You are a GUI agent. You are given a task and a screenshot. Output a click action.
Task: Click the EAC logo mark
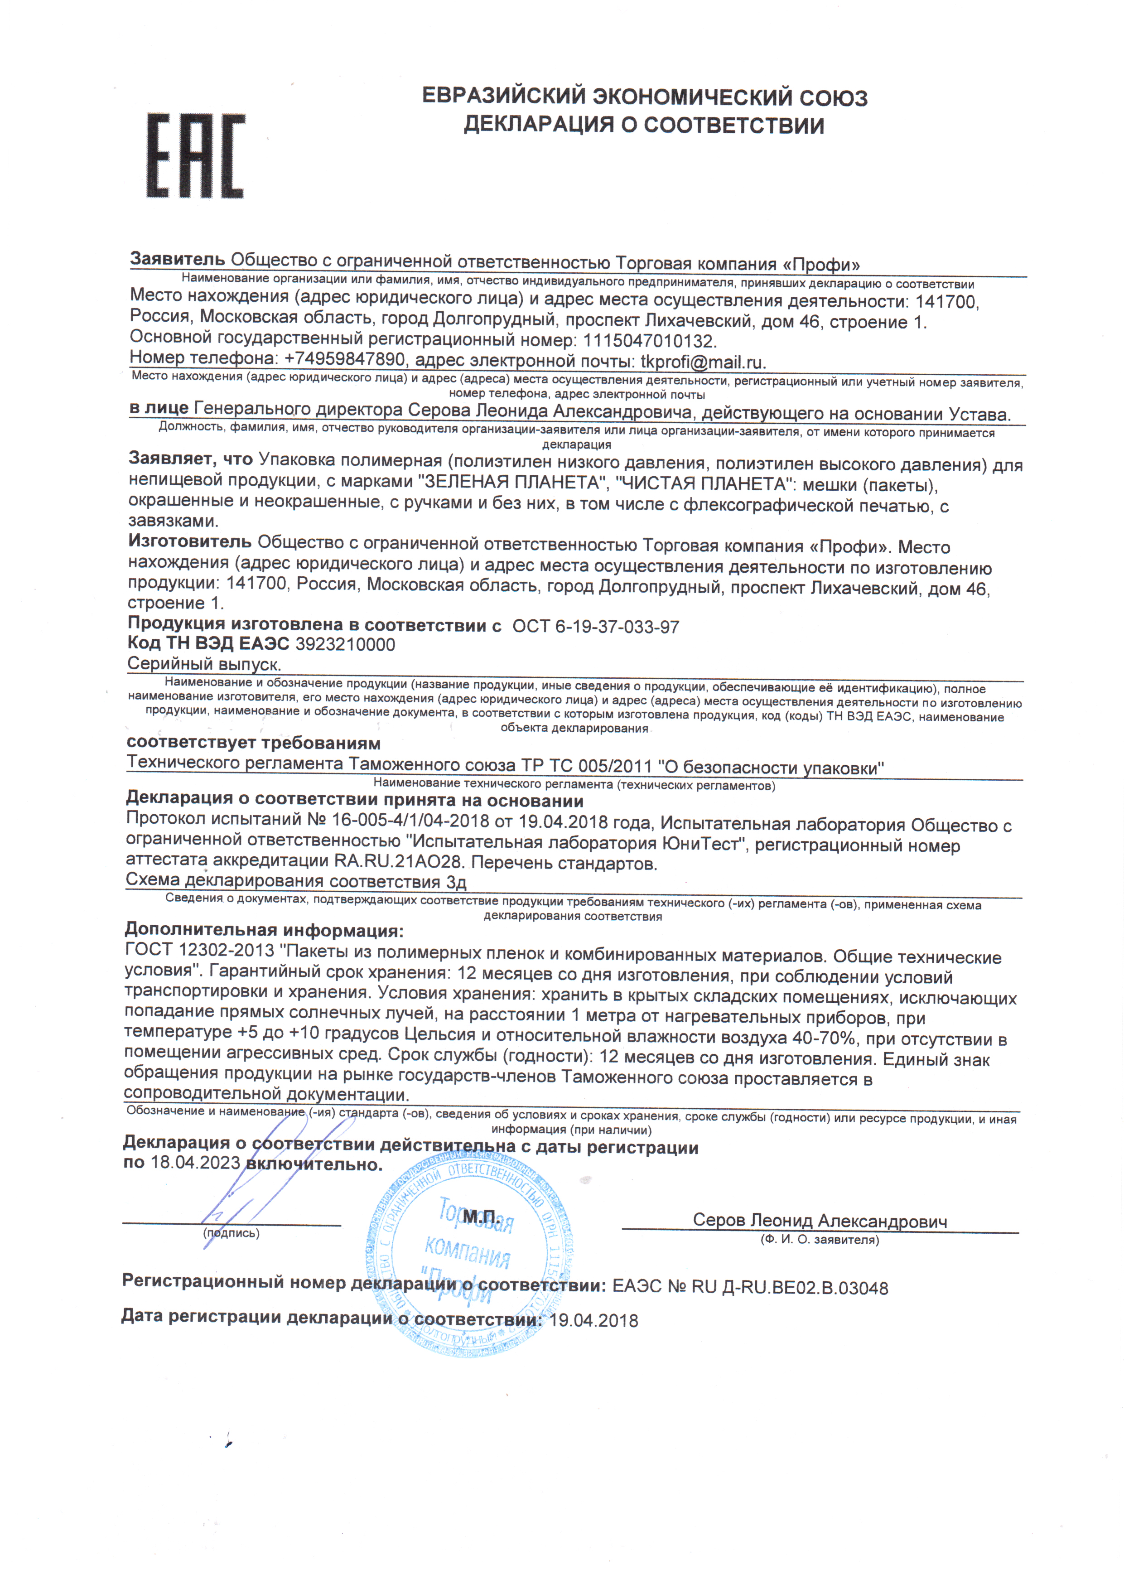tap(196, 156)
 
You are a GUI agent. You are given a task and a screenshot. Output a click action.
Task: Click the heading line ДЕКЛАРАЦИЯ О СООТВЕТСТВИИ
tap(644, 125)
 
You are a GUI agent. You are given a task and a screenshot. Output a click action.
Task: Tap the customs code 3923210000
tap(345, 645)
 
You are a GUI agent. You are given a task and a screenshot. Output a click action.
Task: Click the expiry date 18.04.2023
tap(195, 1162)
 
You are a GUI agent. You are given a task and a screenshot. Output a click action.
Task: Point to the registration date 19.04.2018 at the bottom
tap(594, 1320)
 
